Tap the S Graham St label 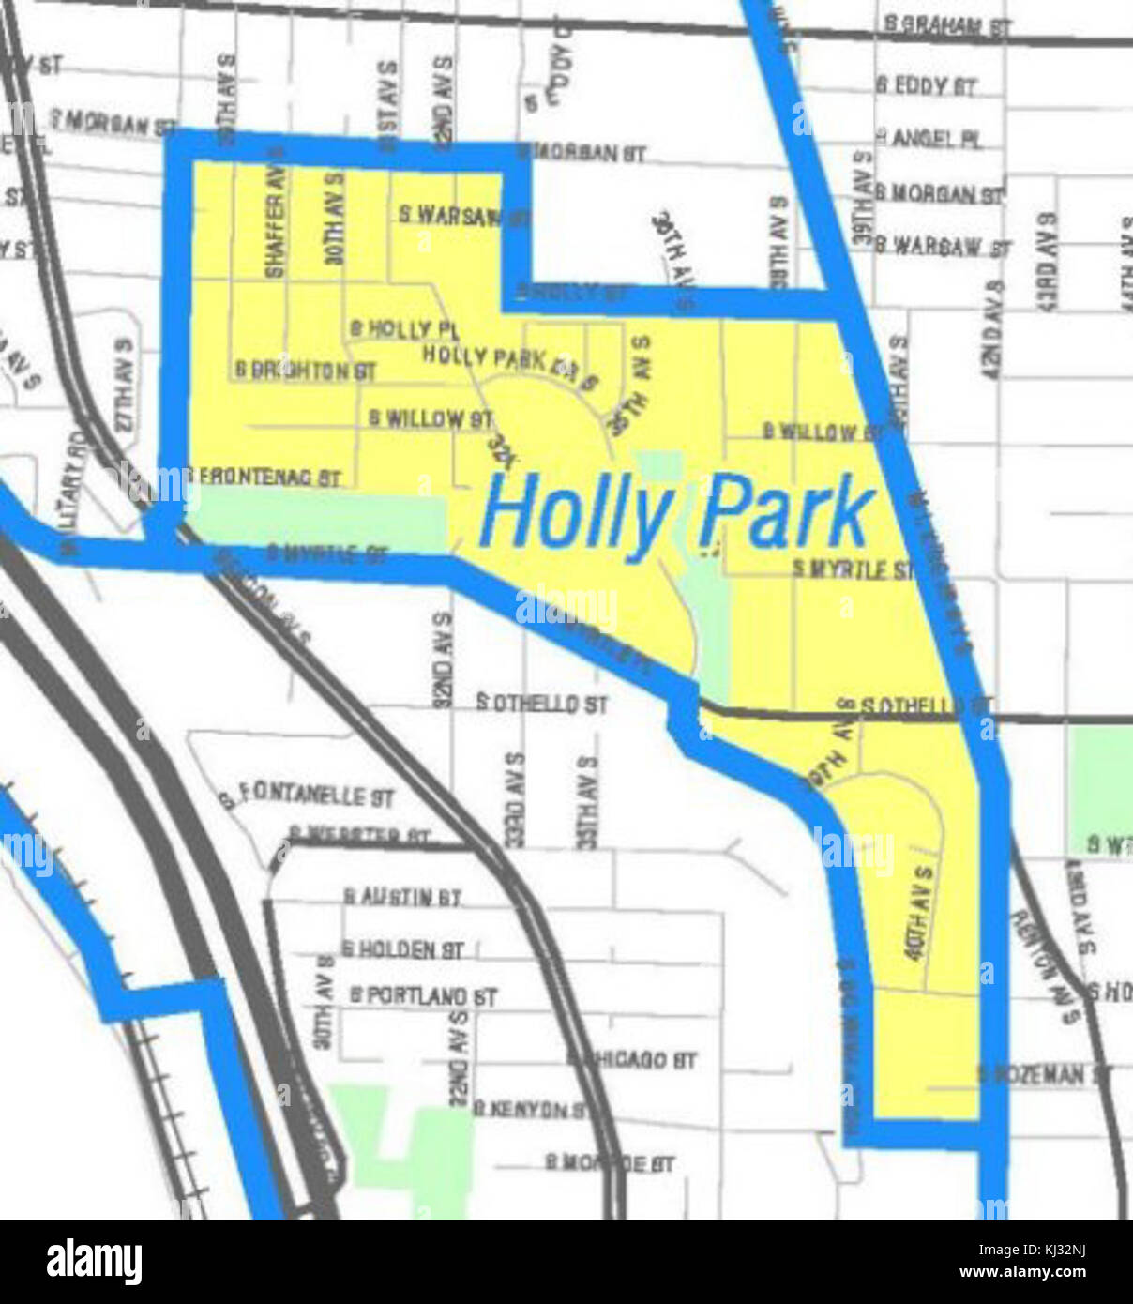click(x=947, y=26)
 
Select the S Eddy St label click(x=927, y=86)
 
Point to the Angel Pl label click(x=930, y=139)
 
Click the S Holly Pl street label click(x=403, y=329)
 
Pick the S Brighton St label click(x=306, y=371)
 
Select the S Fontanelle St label click(x=308, y=797)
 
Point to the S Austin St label click(x=401, y=898)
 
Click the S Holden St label click(x=403, y=949)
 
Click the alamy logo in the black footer click(x=94, y=1262)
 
